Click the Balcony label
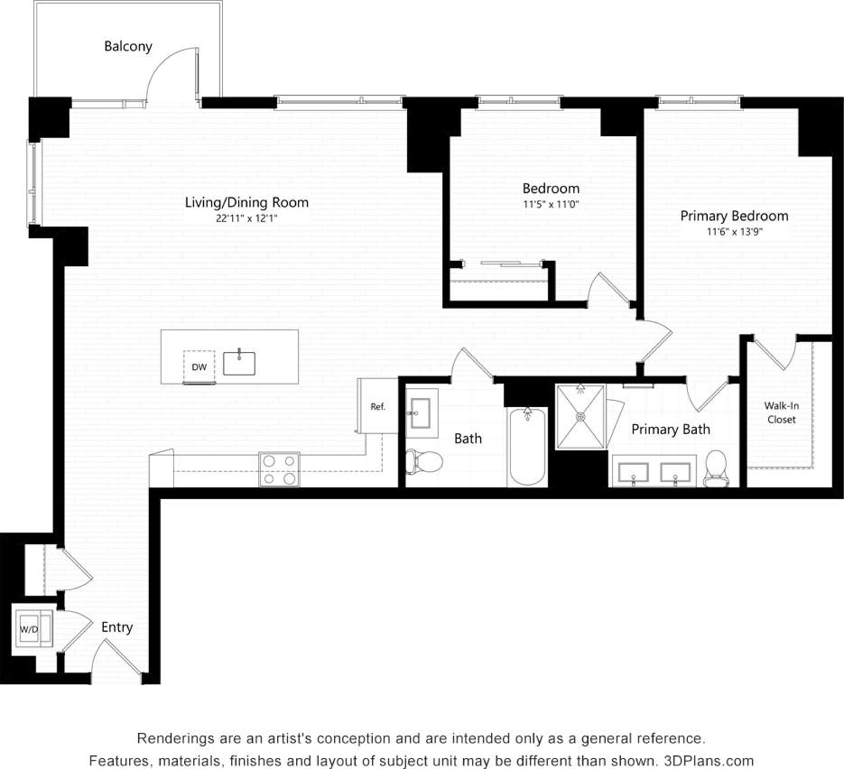[x=128, y=46]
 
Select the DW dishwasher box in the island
[x=199, y=366]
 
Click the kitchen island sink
[x=239, y=363]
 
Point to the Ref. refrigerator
[x=377, y=406]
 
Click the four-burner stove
[x=279, y=469]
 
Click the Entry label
[x=116, y=627]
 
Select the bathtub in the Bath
[x=527, y=447]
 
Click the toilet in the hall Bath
[x=424, y=462]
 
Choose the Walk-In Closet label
[x=782, y=412]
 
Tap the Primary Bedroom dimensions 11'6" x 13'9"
[x=734, y=232]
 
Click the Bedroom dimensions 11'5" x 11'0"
[x=551, y=205]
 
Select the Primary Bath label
[x=670, y=430]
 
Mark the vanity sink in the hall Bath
[x=421, y=414]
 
